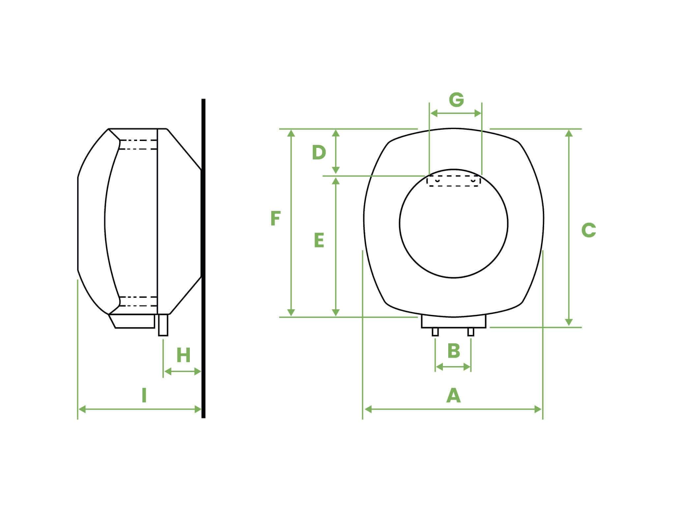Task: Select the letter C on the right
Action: point(589,230)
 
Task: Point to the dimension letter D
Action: point(319,153)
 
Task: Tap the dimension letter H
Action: point(183,356)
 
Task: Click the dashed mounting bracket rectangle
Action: point(454,181)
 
